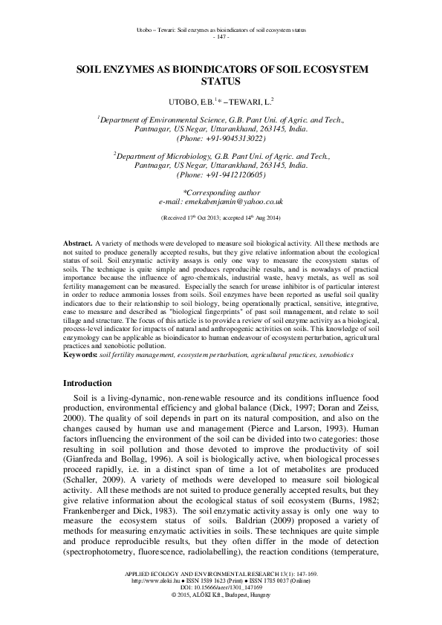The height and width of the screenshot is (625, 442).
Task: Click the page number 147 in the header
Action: coord(221,36)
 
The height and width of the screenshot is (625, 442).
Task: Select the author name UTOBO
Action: coord(185,100)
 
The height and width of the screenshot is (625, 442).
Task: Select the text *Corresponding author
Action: coord(221,192)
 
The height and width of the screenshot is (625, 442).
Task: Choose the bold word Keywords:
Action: coord(79,356)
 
